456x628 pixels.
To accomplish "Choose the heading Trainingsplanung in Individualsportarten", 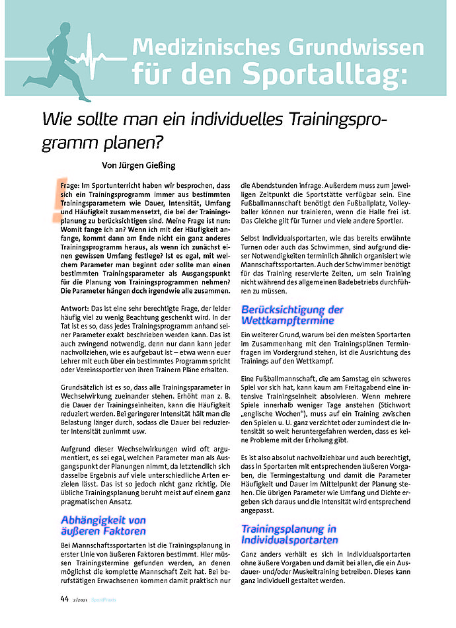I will (x=289, y=534).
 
